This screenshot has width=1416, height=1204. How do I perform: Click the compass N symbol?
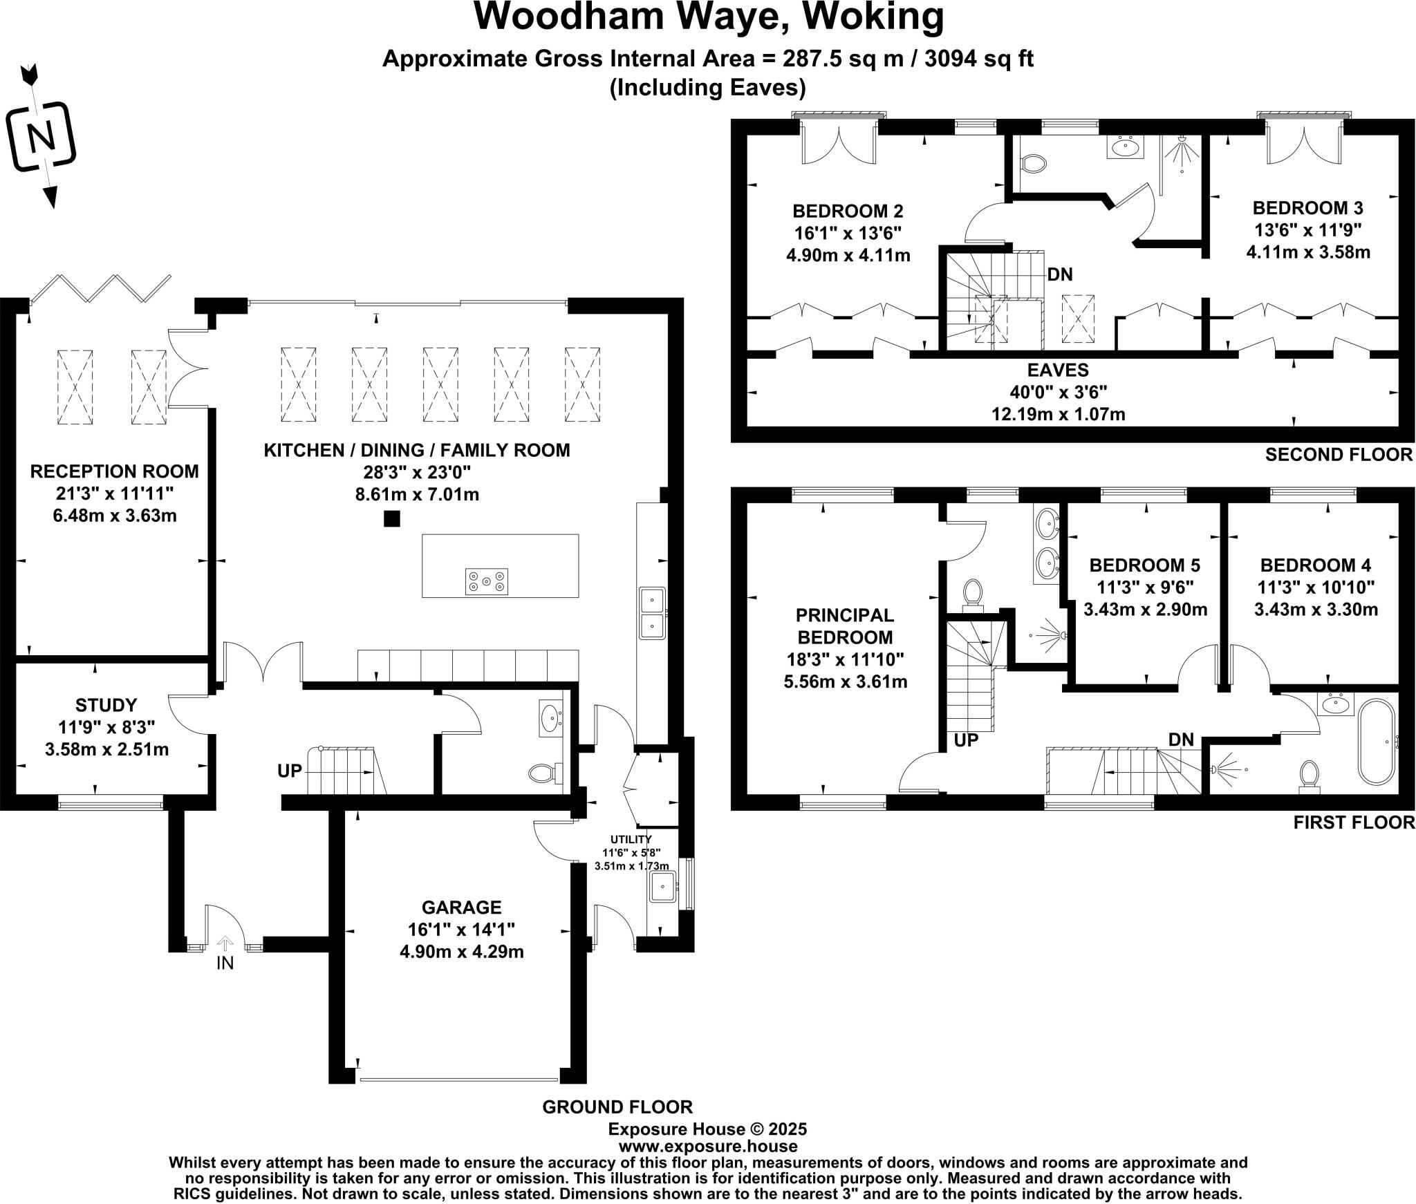(x=41, y=137)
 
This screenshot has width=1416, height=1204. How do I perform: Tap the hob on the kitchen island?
(x=487, y=581)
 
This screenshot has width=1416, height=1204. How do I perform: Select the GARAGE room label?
(x=461, y=906)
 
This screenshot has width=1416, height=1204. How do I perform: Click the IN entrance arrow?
(x=225, y=943)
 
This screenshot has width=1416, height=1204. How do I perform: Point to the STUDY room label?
(x=106, y=705)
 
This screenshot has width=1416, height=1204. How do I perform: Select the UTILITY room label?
(x=631, y=839)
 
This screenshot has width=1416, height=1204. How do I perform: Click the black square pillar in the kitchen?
(x=392, y=518)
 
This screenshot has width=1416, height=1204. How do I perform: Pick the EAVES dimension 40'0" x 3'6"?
(x=1058, y=393)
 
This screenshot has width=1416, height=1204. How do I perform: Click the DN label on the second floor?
(x=1059, y=275)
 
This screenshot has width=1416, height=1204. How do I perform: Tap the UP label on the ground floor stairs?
(x=290, y=771)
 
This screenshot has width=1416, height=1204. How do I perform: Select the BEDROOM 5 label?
(x=1144, y=565)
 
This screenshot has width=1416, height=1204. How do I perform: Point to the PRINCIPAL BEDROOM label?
(x=844, y=625)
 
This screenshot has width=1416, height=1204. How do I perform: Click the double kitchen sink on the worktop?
(x=652, y=612)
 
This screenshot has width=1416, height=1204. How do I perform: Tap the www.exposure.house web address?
(x=707, y=1146)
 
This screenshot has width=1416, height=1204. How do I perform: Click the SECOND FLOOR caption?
(x=1339, y=454)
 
